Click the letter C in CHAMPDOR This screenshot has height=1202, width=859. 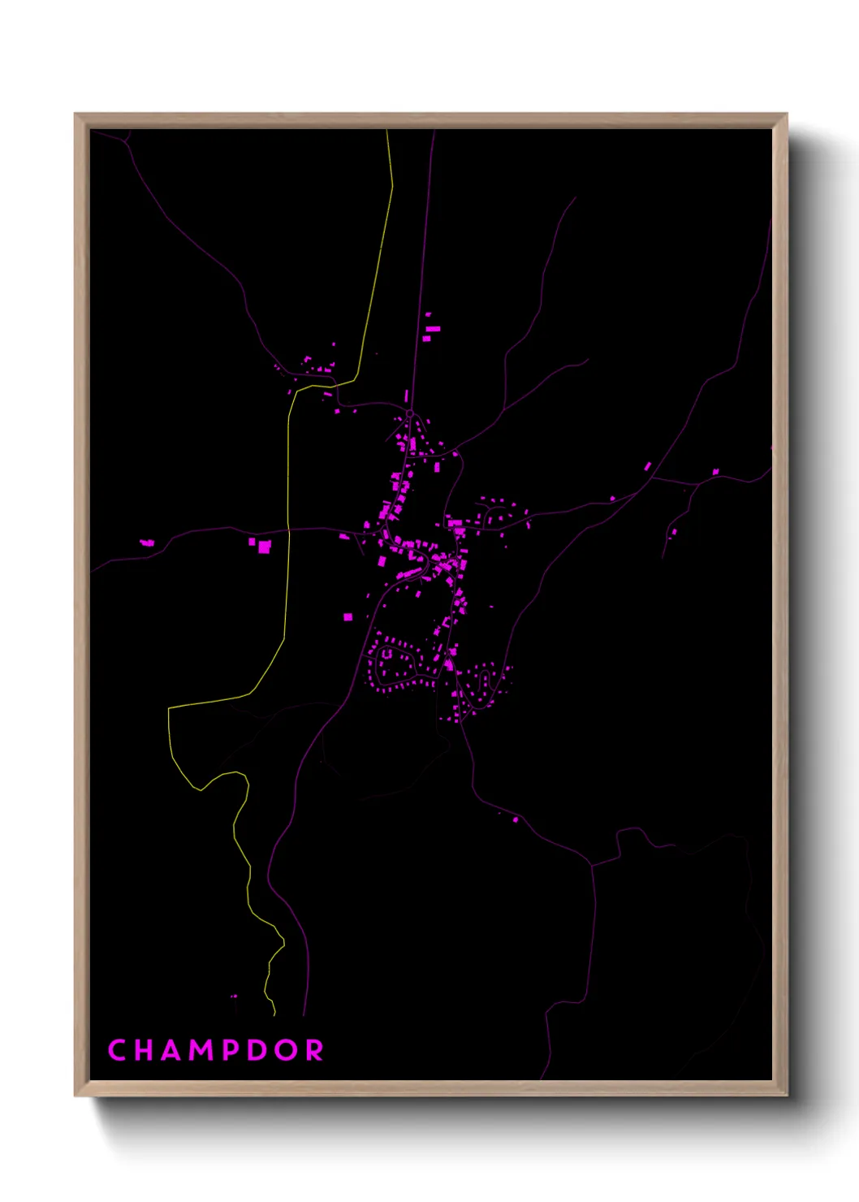point(116,1050)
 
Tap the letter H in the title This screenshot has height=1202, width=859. point(145,1050)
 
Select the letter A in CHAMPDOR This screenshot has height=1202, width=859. point(172,1050)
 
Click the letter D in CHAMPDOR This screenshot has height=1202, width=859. point(259,1050)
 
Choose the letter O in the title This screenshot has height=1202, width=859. point(287,1050)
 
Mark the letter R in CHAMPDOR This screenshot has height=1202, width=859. point(315,1050)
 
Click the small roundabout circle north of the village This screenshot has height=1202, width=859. point(410,414)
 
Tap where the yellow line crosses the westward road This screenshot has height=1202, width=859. point(288,530)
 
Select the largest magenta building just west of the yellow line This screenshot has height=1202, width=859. point(264,547)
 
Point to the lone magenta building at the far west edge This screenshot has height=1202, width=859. point(147,543)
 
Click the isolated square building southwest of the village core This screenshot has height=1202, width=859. point(347,617)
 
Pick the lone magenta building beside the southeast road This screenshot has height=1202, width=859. point(516,820)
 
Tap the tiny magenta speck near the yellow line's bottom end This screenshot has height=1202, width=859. point(234,996)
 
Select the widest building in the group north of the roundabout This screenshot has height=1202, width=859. point(433,329)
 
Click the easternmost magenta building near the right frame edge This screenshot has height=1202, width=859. point(715,471)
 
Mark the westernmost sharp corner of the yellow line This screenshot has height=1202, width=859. point(169,708)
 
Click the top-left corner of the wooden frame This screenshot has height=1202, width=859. point(76,115)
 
